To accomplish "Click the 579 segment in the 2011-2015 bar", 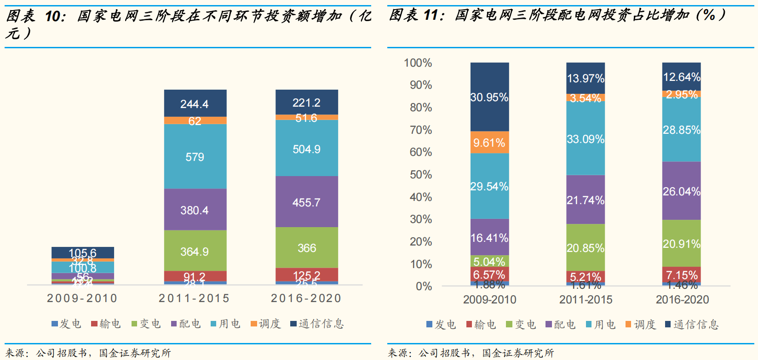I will point(195,157).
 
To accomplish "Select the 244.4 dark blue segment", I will point(195,103).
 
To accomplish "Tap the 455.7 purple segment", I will point(306,202).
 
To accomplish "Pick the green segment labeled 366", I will point(306,248).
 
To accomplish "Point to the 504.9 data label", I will point(306,149).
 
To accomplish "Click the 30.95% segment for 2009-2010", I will point(489,97).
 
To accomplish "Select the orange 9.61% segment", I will point(489,143).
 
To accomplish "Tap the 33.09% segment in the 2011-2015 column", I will point(586,138).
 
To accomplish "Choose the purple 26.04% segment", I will point(681,191).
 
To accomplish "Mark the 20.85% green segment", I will point(586,248).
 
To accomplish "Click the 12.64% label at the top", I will point(681,77).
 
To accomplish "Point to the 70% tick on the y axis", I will point(421,130).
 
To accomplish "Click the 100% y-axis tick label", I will point(418,63).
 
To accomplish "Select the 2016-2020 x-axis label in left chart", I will point(306,298).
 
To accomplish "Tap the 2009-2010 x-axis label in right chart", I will point(489,300).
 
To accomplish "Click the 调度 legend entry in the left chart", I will point(266,324).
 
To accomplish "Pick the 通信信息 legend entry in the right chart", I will point(692,325).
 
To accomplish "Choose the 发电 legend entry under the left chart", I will point(67,324).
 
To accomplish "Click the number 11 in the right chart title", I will point(430,15).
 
